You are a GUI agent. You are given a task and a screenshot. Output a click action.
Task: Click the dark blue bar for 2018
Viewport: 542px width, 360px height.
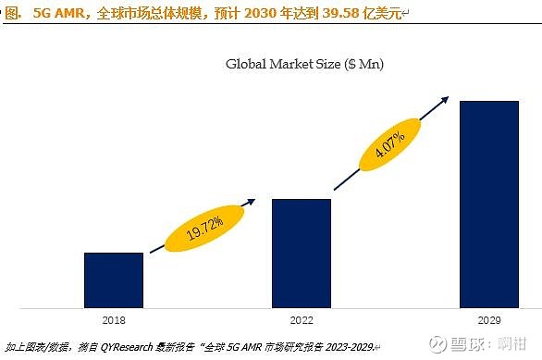click(x=114, y=279)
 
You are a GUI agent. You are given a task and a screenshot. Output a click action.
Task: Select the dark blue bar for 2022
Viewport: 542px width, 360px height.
click(x=301, y=253)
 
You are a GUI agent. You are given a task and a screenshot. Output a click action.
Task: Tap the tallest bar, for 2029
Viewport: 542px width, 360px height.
click(x=488, y=204)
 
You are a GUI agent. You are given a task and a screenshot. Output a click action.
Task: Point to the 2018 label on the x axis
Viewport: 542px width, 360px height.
click(x=114, y=319)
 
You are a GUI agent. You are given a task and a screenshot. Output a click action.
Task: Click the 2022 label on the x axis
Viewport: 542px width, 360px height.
click(x=301, y=319)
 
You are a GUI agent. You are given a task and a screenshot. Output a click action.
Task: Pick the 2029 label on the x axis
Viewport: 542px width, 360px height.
click(x=488, y=319)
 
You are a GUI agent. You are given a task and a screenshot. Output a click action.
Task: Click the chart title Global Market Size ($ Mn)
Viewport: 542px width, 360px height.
click(x=304, y=64)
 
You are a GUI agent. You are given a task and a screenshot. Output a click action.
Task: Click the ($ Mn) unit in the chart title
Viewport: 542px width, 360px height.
click(x=363, y=64)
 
